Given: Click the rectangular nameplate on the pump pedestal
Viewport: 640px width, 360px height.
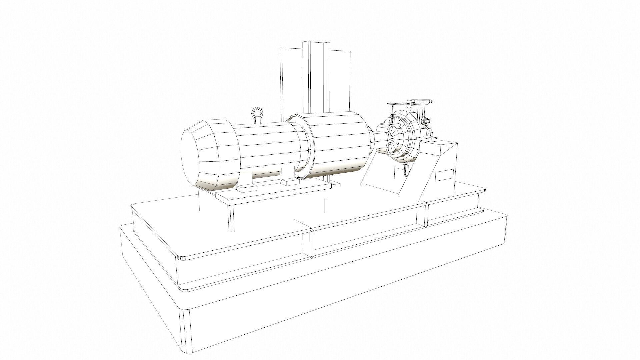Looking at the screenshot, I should [444, 175].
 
